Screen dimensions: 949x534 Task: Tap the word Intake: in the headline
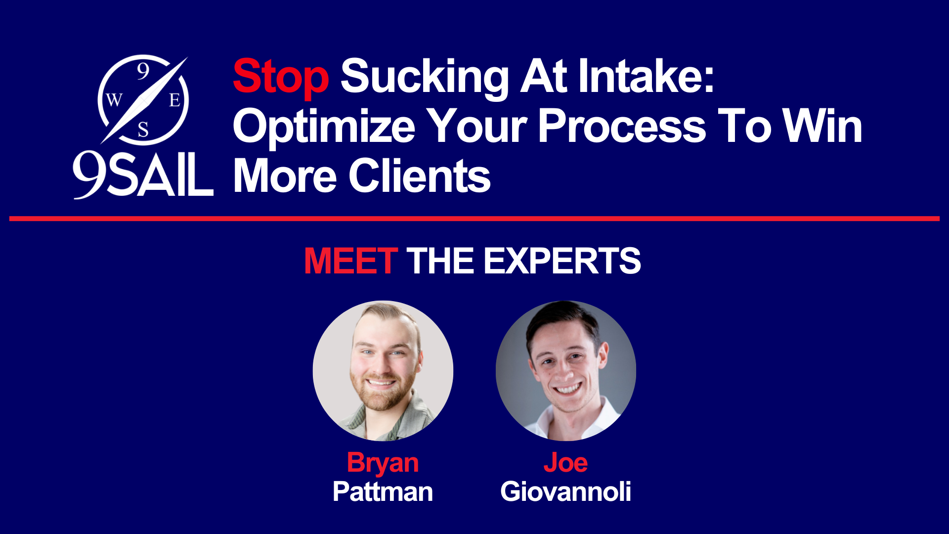647,76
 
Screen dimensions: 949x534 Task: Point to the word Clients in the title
420,176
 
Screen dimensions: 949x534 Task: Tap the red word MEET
350,261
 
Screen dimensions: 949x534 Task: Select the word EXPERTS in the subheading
562,261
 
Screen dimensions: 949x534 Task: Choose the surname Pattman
383,491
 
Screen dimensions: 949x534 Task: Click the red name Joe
565,463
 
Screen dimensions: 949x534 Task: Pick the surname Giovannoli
565,491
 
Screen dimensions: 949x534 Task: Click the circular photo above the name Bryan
383,371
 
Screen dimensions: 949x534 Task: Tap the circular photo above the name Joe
566,371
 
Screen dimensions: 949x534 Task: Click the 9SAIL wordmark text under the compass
143,175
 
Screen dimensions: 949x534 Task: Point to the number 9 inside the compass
143,71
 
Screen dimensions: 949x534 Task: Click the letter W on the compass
114,100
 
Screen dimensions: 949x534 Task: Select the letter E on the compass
174,100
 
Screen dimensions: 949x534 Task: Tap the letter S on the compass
143,130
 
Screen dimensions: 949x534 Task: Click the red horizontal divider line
474,219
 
